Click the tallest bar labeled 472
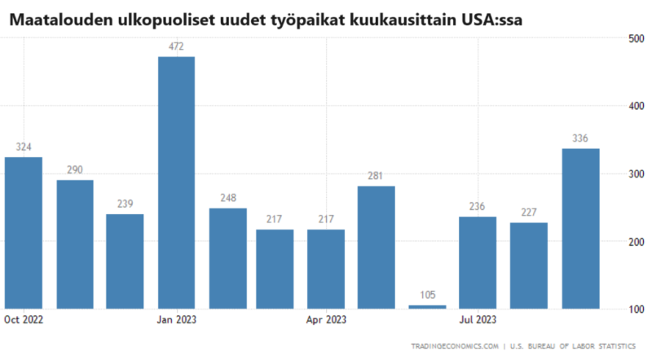(x=176, y=183)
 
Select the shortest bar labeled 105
(x=427, y=307)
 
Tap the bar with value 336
(x=580, y=229)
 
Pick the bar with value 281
(x=377, y=248)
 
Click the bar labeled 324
(x=24, y=233)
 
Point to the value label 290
(x=75, y=169)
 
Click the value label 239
(x=126, y=204)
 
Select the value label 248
(x=228, y=198)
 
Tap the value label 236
(x=477, y=206)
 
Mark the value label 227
(x=529, y=213)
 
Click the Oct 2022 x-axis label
(x=24, y=319)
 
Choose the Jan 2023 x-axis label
(x=176, y=319)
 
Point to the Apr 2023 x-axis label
(x=326, y=319)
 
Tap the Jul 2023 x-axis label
(x=478, y=319)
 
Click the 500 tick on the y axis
(x=637, y=39)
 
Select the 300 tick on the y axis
(x=637, y=174)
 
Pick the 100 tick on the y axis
(x=637, y=310)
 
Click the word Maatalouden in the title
(x=61, y=20)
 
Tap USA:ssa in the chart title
(x=491, y=20)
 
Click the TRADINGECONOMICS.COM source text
(x=455, y=346)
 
